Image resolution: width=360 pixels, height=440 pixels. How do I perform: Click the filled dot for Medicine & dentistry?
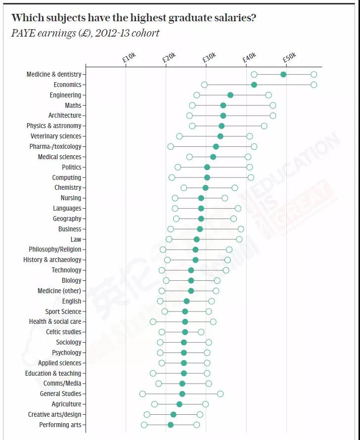(x=283, y=74)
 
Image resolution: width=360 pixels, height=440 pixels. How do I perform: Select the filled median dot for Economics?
(x=254, y=85)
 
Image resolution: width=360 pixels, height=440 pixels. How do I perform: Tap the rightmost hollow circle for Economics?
(x=314, y=85)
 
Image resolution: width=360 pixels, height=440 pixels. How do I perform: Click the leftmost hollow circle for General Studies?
(x=142, y=394)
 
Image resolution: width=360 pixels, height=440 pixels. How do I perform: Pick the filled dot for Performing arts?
(x=171, y=425)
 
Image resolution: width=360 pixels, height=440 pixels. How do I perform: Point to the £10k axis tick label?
(x=129, y=57)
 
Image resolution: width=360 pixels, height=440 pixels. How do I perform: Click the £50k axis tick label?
(x=289, y=57)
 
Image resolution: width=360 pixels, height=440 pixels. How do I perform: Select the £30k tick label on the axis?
(x=209, y=57)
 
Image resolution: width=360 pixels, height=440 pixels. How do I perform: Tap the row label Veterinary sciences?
(x=56, y=136)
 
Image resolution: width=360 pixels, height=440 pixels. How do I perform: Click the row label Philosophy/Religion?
(x=55, y=250)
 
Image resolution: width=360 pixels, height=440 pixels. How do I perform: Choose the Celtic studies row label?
(x=64, y=332)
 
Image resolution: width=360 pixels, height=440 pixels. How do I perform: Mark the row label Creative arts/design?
(x=54, y=415)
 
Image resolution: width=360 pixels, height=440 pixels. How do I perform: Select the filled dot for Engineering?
(x=230, y=95)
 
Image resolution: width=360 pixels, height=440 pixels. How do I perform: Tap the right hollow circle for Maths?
(x=273, y=105)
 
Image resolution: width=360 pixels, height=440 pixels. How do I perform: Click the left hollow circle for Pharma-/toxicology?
(x=171, y=146)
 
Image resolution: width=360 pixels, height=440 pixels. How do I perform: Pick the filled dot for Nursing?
(x=201, y=198)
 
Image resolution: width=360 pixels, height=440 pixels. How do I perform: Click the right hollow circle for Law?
(x=239, y=239)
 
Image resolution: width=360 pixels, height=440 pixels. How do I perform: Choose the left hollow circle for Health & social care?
(x=153, y=322)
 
